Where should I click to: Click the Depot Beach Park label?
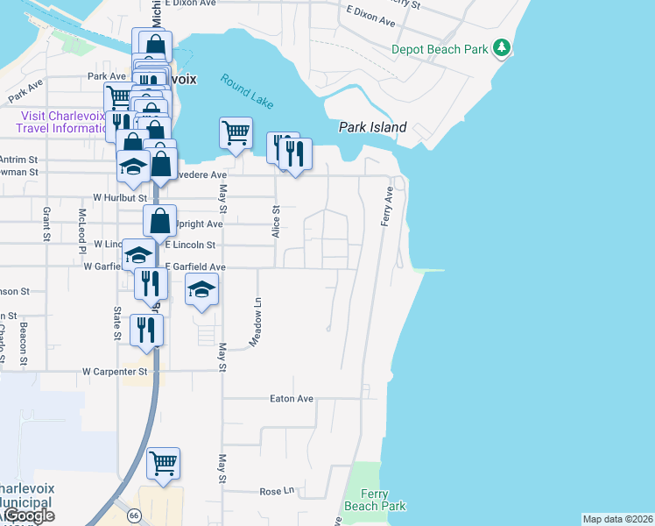tap(440, 50)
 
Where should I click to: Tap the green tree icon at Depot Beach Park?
tap(502, 47)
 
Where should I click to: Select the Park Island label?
tap(373, 127)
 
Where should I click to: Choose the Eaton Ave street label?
tap(292, 399)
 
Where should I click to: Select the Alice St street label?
tap(275, 222)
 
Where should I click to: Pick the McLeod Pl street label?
tap(80, 226)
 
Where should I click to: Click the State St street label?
tap(116, 323)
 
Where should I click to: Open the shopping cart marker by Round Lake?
tap(235, 134)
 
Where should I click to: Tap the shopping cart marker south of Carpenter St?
tap(164, 464)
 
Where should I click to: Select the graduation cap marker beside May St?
tap(201, 291)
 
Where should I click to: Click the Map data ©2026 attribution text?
tap(617, 519)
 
